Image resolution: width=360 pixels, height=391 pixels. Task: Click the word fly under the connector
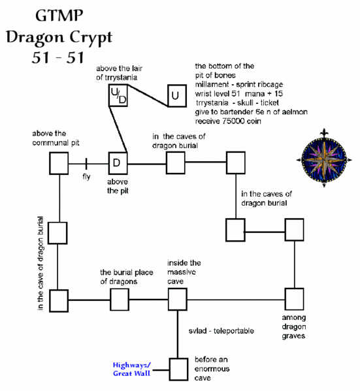tap(86, 176)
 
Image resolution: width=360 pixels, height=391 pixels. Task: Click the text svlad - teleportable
tap(221, 332)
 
